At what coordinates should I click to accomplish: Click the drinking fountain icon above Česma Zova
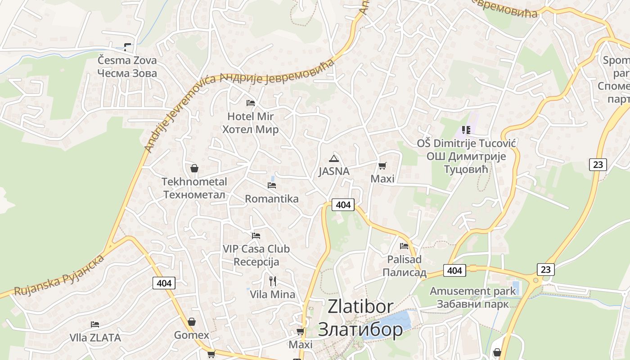127,47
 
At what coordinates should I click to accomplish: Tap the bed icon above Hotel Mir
251,103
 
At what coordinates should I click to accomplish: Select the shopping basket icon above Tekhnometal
194,168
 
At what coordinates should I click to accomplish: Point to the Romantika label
271,198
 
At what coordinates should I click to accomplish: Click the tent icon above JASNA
333,158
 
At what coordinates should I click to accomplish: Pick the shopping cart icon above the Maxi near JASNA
382,166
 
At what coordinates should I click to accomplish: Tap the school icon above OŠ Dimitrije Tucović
466,130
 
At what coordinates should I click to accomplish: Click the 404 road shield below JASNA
343,205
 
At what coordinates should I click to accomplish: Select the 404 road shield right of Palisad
454,270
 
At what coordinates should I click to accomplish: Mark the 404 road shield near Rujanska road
164,283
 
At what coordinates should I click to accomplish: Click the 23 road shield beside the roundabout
545,270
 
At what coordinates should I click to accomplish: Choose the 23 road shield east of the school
598,164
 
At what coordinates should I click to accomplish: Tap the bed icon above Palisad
404,246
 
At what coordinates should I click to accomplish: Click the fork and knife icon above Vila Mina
272,281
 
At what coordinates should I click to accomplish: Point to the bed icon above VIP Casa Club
256,235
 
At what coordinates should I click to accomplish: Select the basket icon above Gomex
192,322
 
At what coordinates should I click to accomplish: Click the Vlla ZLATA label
95,337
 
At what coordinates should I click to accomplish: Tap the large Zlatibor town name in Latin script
360,306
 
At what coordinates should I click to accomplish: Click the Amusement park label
472,291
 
